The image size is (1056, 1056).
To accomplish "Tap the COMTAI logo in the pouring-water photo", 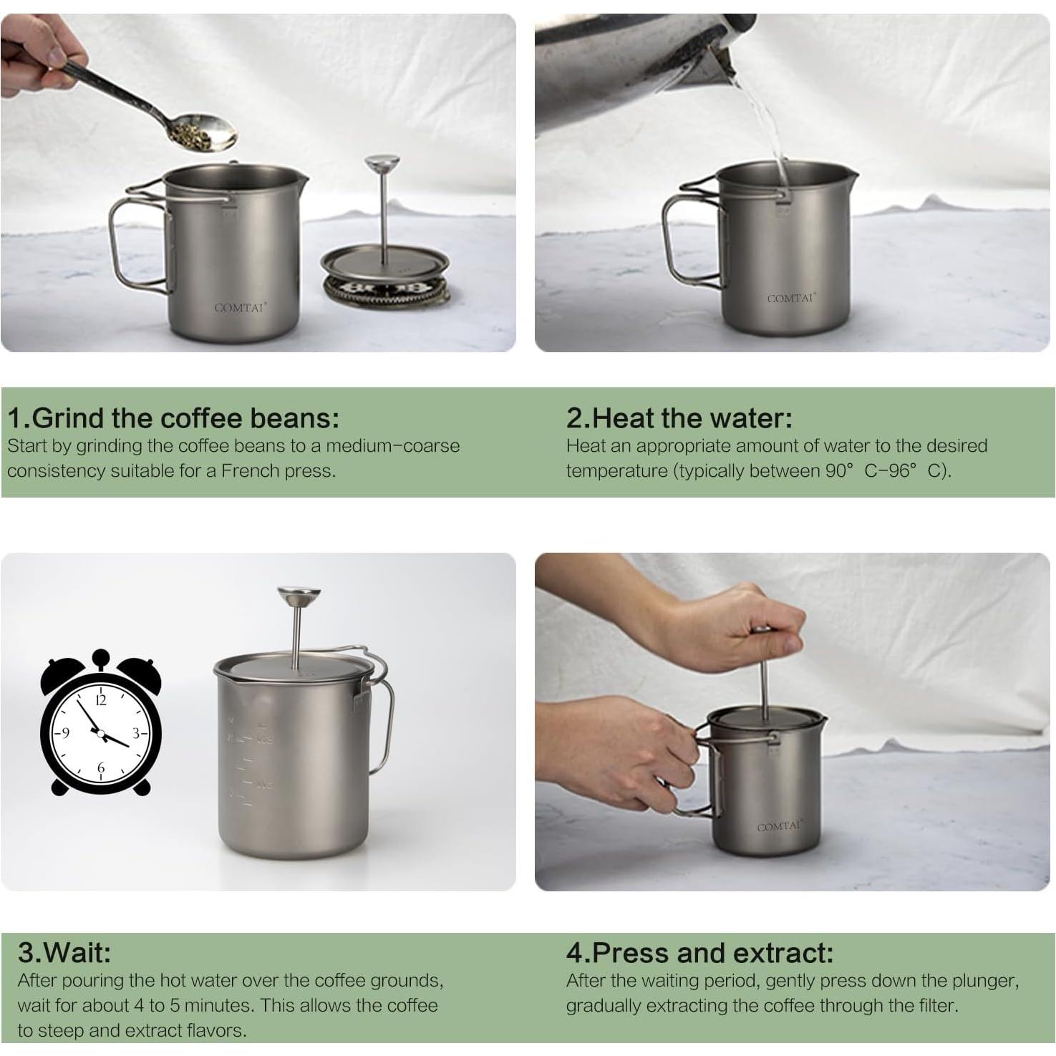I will coord(790,299).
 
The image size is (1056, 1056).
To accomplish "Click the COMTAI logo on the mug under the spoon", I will coord(240,307).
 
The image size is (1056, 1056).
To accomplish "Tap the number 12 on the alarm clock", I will coord(100,700).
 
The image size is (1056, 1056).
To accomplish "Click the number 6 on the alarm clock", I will coord(100,767).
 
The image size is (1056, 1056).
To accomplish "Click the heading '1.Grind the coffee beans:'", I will coord(173,417).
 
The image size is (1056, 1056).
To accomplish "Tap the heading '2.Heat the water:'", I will coord(679,417).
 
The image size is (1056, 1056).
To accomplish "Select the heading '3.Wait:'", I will coord(64,952).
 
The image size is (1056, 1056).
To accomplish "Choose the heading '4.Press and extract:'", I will coord(699,952).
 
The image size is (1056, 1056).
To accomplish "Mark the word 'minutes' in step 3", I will coord(218,1005).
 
